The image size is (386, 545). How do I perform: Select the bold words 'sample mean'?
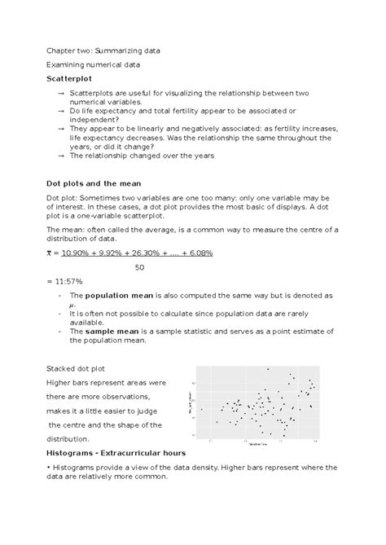[115, 331]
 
